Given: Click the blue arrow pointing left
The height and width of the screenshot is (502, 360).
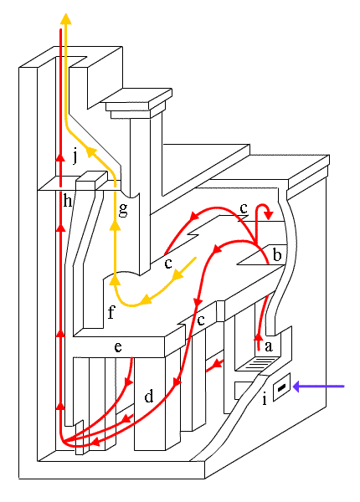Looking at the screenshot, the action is click(319, 387).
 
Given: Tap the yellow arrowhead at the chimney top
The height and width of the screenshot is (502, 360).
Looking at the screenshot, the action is click(66, 19).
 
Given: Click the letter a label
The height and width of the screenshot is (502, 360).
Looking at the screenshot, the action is click(269, 346).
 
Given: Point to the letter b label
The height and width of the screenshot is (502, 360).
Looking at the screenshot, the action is click(277, 254).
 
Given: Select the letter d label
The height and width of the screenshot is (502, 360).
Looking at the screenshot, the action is click(149, 396).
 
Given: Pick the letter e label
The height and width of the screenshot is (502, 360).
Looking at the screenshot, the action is click(118, 346).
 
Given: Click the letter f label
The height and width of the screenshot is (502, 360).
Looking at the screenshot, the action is click(111, 312).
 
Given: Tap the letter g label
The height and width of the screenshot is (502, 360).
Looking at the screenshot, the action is click(123, 210).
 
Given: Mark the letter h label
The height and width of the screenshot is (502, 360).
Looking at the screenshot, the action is click(68, 201).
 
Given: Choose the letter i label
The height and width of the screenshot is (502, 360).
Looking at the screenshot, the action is click(265, 399).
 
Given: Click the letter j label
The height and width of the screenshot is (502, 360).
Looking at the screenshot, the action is click(75, 157).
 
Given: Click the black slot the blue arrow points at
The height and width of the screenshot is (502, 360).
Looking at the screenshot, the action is click(282, 387).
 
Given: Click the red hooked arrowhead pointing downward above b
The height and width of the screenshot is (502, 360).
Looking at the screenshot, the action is click(269, 216).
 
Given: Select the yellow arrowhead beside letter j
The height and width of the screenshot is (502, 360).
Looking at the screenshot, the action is click(92, 151).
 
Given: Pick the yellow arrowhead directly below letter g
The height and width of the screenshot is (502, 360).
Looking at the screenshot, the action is click(116, 225).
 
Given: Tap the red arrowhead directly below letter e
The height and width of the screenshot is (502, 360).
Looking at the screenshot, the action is click(129, 382).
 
